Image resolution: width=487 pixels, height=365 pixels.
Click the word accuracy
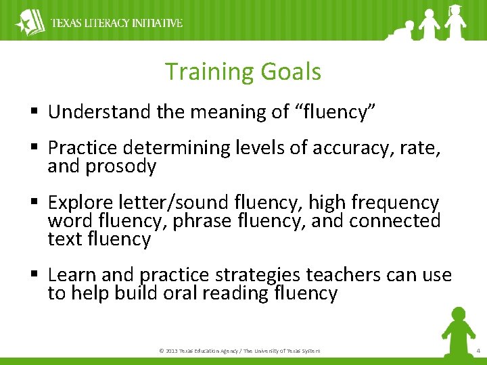347,148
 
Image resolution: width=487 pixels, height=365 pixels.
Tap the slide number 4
478,351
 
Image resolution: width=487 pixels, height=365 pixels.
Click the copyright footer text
239,351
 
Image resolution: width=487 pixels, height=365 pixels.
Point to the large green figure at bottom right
458,331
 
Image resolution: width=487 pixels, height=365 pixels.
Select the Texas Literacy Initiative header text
117,23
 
